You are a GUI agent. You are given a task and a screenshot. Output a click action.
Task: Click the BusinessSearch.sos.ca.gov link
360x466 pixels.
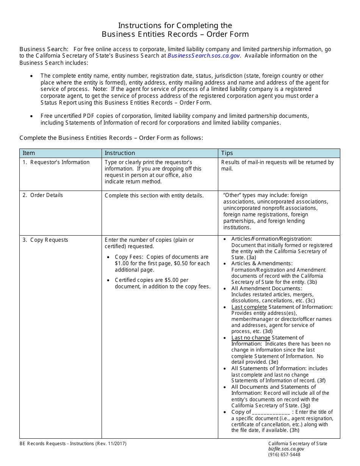pyautogui.click(x=203, y=56)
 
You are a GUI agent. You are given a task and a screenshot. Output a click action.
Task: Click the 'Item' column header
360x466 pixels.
pyautogui.click(x=29, y=153)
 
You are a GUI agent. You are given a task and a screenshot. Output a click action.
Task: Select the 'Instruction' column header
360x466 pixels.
pyautogui.click(x=120, y=153)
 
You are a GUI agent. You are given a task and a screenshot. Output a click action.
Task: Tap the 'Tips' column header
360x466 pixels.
pyautogui.click(x=227, y=153)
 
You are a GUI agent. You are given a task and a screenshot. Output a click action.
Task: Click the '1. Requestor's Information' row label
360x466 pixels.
pyautogui.click(x=56, y=162)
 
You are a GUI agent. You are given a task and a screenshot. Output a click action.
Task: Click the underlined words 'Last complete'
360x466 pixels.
pyautogui.click(x=249, y=307)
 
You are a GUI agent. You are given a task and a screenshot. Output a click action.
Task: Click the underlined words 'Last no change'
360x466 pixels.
pyautogui.click(x=250, y=338)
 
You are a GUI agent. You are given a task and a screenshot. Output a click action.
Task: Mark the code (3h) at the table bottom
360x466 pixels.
pyautogui.click(x=294, y=430)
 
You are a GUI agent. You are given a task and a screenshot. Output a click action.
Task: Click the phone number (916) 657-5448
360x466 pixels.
pyautogui.click(x=284, y=455)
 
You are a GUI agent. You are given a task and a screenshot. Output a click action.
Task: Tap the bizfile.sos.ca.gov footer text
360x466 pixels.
pyautogui.click(x=286, y=449)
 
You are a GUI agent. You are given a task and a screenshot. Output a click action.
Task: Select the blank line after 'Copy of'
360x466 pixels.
pyautogui.click(x=271, y=412)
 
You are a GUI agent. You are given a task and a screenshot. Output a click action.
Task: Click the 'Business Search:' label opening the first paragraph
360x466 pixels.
pyautogui.click(x=44, y=49)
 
